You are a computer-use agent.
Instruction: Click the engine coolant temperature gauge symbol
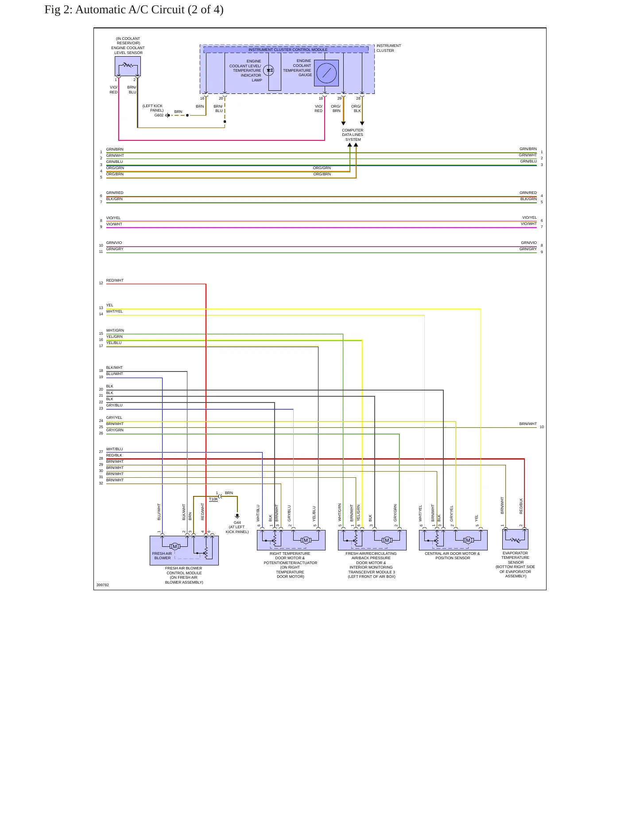[x=326, y=73]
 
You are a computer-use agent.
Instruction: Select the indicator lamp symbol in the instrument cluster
[x=269, y=70]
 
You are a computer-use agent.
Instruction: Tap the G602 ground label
[x=159, y=115]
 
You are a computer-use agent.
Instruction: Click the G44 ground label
[x=237, y=522]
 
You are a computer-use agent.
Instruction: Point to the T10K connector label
[x=213, y=499]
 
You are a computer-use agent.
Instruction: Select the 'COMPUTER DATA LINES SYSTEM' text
[x=353, y=135]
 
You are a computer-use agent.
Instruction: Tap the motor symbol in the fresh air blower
[x=175, y=546]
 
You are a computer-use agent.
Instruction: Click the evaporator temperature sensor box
[x=515, y=539]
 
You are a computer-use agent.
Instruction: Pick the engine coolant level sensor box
[x=128, y=66]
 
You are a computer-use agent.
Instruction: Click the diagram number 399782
[x=103, y=585]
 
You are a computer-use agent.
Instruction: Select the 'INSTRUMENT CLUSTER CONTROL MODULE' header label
[x=288, y=50]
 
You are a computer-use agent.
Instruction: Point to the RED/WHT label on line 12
[x=115, y=280]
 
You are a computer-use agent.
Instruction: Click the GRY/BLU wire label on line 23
[x=114, y=405]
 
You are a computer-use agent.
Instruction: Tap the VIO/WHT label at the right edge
[x=528, y=224]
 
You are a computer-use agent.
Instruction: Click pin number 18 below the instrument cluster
[x=321, y=98]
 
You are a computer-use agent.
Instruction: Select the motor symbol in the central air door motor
[x=468, y=540]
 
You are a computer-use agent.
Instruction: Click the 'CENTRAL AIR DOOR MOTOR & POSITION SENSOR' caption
[x=452, y=556]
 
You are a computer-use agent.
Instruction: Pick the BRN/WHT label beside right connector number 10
[x=528, y=424]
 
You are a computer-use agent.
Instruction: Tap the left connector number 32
[x=101, y=483]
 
